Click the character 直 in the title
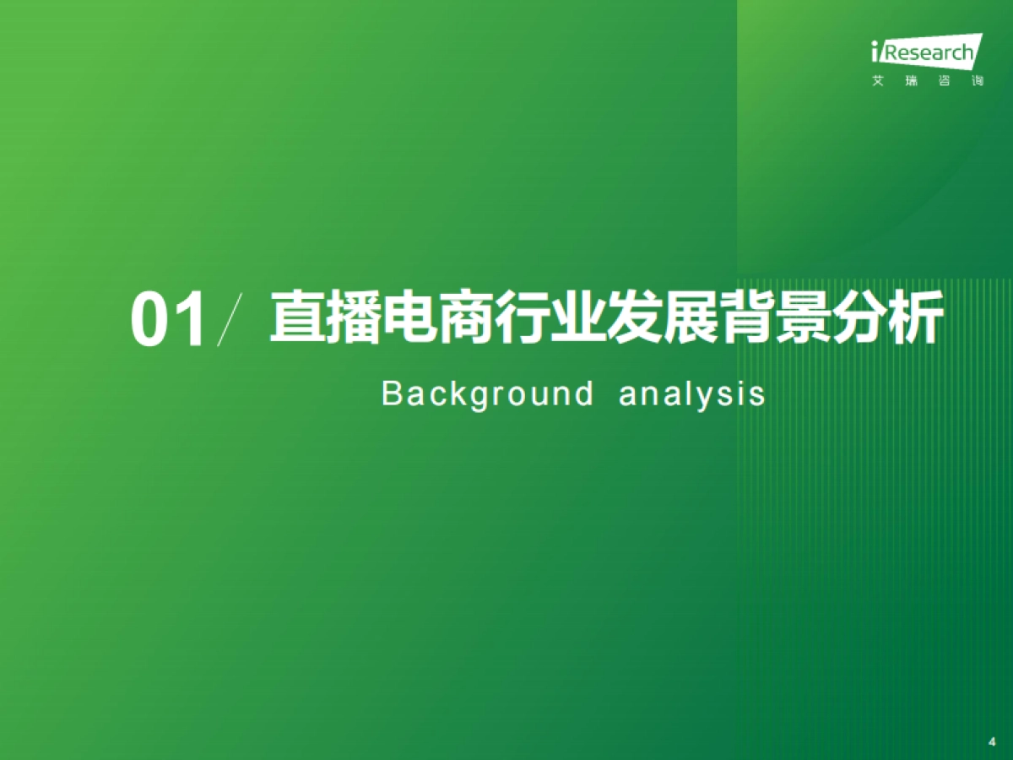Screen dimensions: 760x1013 298,318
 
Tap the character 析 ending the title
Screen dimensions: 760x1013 916,318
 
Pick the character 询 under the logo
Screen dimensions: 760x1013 977,82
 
